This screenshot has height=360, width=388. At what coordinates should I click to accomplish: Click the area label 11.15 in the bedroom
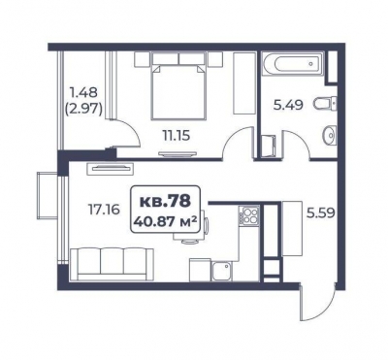tap(177, 135)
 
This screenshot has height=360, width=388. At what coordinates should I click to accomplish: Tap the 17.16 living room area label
tap(104, 210)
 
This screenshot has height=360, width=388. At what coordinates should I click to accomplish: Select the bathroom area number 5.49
tap(288, 105)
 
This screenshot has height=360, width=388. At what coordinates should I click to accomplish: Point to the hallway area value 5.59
tap(320, 213)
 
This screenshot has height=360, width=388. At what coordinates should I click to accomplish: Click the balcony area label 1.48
tap(83, 93)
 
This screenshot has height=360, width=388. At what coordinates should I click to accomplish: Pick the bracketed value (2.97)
tap(83, 110)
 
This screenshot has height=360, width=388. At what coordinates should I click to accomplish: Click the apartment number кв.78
tap(165, 201)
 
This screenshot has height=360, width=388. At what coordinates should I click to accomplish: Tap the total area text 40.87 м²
tap(165, 222)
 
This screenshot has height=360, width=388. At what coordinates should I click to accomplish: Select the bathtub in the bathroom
tap(293, 63)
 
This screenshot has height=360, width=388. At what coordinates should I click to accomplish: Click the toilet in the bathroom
tap(325, 104)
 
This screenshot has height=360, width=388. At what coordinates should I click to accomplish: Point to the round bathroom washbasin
tap(330, 136)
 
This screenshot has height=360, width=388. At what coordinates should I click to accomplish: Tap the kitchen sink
tap(222, 271)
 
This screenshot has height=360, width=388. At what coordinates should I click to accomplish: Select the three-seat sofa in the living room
tap(112, 264)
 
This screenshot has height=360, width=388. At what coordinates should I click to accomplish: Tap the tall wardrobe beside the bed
tap(244, 82)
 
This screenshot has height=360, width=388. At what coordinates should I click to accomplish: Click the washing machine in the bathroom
tap(269, 147)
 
